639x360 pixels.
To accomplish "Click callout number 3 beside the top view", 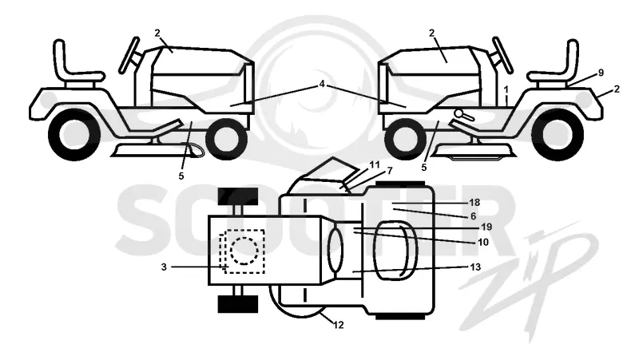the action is [164, 267].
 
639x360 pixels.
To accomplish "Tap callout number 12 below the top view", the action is [338, 325].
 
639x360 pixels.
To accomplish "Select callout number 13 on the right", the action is [475, 267].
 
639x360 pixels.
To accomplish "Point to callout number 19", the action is [486, 227].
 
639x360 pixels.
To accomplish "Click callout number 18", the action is [474, 203].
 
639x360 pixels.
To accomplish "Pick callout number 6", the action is [473, 216].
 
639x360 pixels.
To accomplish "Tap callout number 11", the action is [375, 165].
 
